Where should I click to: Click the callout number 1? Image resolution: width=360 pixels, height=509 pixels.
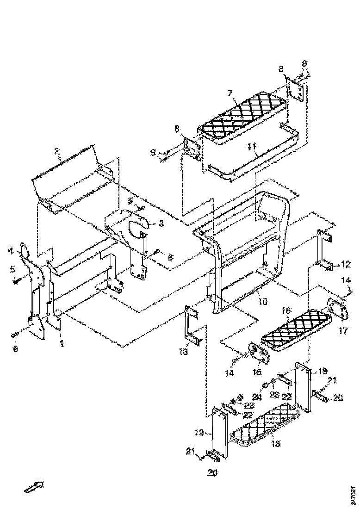pyautogui.click(x=61, y=343)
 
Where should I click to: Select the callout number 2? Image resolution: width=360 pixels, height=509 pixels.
pyautogui.click(x=56, y=151)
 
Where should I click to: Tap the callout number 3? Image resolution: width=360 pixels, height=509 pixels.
pyautogui.click(x=161, y=223)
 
